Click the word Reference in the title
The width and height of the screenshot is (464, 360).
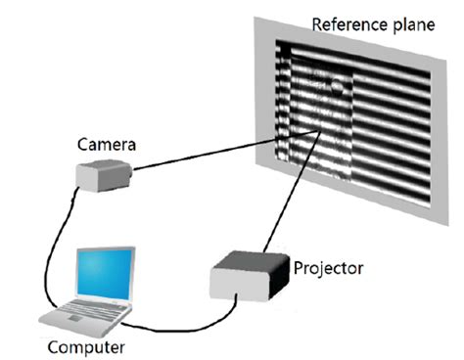pos(340,22)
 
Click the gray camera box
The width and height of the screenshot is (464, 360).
pos(103,176)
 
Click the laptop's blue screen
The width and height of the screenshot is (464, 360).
pos(107,275)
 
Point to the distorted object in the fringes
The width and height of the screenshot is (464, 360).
pos(323,108)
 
